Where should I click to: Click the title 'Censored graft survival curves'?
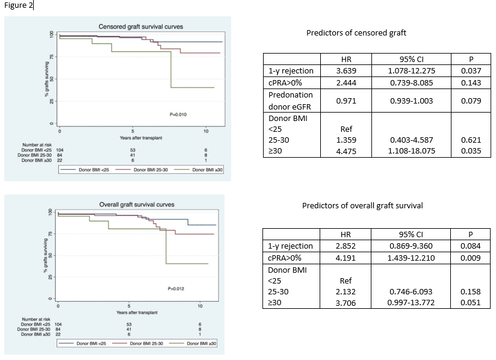(141, 26)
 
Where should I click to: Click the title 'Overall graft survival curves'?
(137, 205)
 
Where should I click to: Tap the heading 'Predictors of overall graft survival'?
(362, 206)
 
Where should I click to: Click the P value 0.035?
(470, 151)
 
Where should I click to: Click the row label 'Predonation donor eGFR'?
(291, 101)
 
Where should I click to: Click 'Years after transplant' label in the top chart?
(141, 138)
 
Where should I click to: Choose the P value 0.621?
(470, 140)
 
